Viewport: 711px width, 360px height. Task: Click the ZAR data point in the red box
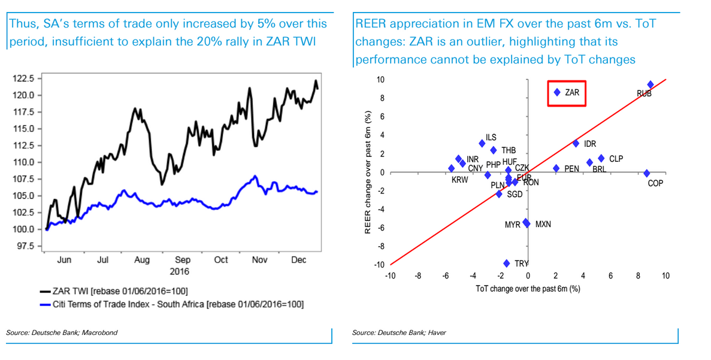click(557, 93)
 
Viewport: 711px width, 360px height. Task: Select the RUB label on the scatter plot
click(644, 93)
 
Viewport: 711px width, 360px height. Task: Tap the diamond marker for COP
click(646, 174)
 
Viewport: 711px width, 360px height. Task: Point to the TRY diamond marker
click(507, 264)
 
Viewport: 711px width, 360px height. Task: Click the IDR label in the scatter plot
click(590, 144)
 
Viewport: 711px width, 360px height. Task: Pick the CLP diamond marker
click(601, 159)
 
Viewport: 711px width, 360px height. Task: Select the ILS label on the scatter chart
click(491, 138)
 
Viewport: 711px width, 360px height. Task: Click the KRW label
click(460, 180)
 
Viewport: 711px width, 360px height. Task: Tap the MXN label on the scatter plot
click(543, 225)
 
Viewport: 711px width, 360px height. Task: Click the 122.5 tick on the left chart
click(25, 78)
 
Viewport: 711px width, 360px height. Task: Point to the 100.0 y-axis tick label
click(25, 229)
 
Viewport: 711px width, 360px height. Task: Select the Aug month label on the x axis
click(142, 260)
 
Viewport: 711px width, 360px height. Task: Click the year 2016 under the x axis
click(179, 272)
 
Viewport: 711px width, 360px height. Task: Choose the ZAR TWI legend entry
click(114, 291)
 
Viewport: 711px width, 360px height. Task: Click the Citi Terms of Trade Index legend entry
click(171, 304)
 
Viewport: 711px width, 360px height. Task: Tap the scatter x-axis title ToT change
click(528, 289)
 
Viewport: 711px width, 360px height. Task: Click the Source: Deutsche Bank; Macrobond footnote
click(62, 332)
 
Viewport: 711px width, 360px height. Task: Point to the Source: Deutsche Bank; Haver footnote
click(399, 332)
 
